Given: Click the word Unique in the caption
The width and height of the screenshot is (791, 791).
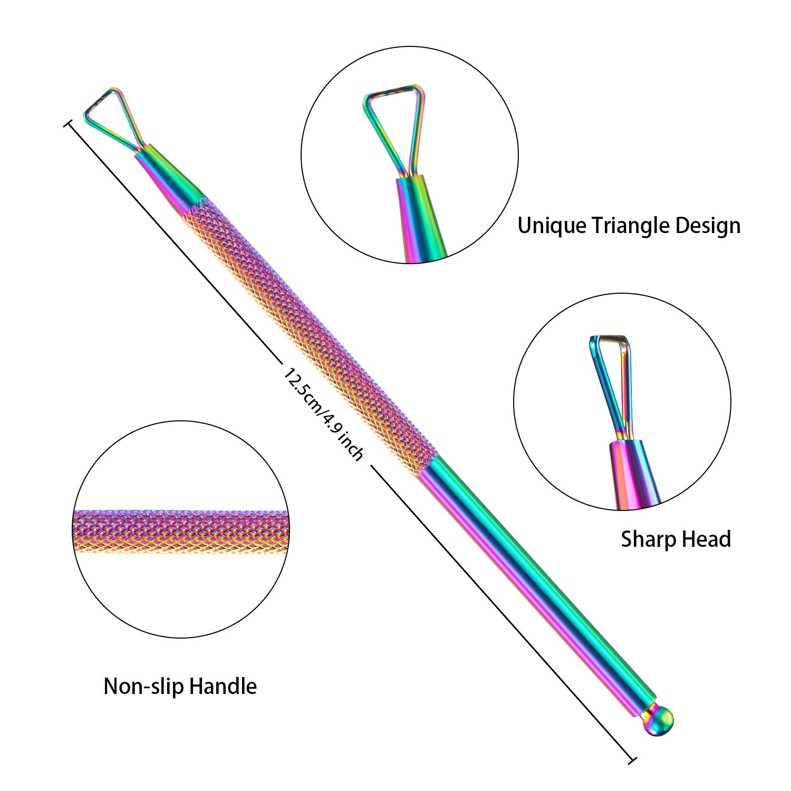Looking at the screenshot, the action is (551, 226).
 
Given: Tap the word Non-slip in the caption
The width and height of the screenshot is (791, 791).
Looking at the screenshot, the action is (143, 687).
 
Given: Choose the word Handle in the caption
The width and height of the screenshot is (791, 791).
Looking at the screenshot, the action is (223, 687).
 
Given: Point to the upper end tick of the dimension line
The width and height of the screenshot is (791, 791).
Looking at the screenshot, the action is (67, 124).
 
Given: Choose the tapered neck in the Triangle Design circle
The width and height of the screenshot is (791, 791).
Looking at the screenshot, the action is (419, 216).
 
